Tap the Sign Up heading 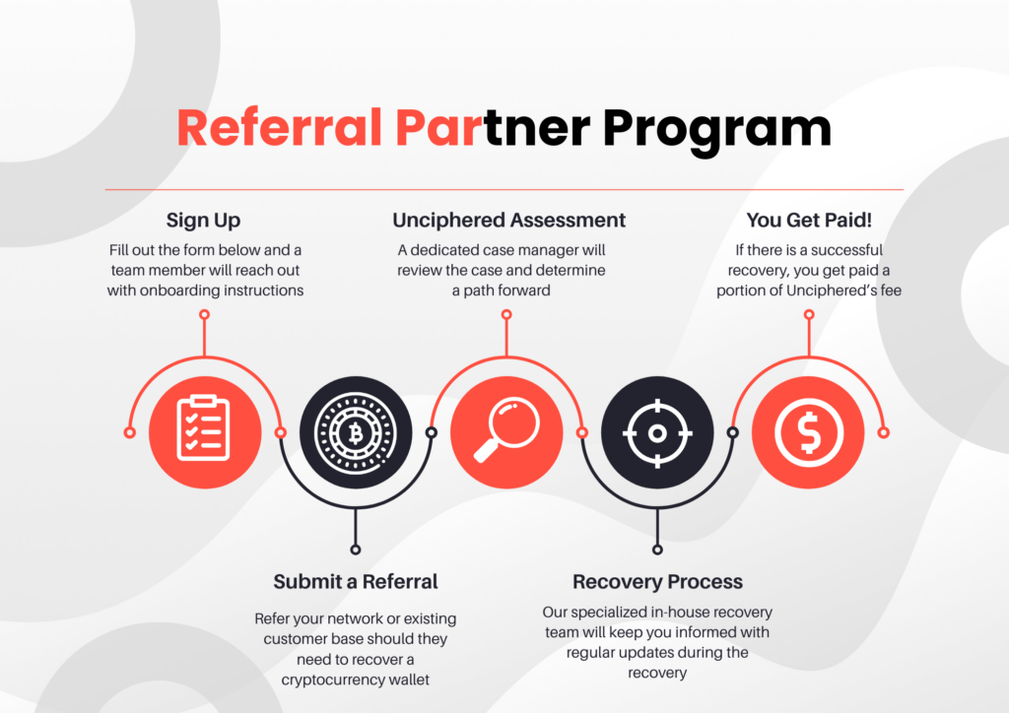[203, 220]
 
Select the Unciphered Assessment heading [508, 220]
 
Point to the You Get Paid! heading [810, 220]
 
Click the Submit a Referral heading [356, 581]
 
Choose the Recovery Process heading [657, 581]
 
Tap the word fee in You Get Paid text [890, 291]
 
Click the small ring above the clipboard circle [204, 315]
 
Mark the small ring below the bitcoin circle [356, 550]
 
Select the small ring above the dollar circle [809, 315]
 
